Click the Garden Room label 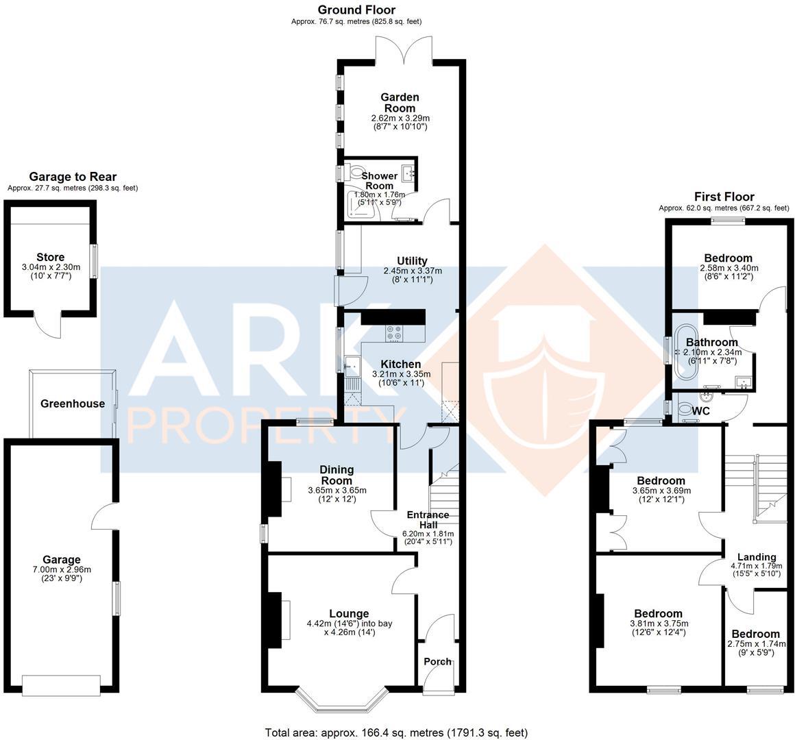click(x=400, y=103)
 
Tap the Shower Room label click(x=379, y=181)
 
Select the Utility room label click(x=412, y=261)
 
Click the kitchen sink click(x=354, y=367)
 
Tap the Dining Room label click(x=337, y=475)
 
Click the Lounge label click(x=349, y=614)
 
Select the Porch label click(x=438, y=661)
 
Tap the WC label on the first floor click(x=701, y=411)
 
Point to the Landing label click(x=757, y=557)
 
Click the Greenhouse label click(x=72, y=404)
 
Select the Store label click(x=51, y=258)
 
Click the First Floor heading click(x=724, y=197)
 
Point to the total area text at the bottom click(x=396, y=732)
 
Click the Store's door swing click(x=49, y=325)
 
